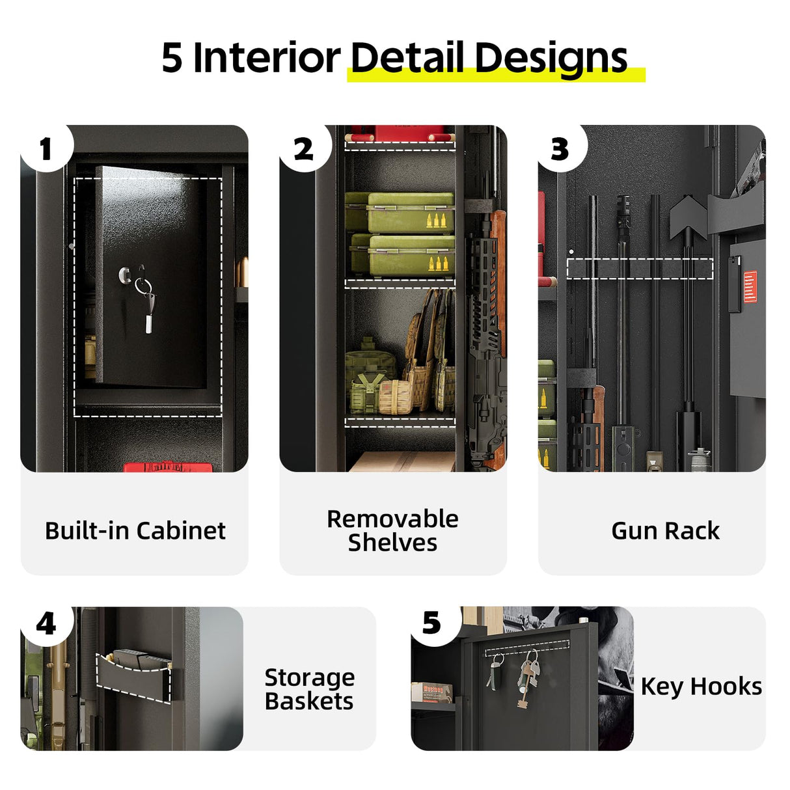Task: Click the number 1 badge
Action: pyautogui.click(x=45, y=149)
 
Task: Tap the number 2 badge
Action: pyautogui.click(x=303, y=149)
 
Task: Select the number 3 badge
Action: pyautogui.click(x=560, y=149)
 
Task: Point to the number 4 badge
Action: pyautogui.click(x=46, y=624)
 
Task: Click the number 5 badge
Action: pyautogui.click(x=431, y=623)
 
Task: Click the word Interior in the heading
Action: pyautogui.click(x=267, y=57)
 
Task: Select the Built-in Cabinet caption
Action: pyautogui.click(x=135, y=531)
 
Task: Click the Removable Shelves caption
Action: pyautogui.click(x=392, y=530)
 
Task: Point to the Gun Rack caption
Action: pyautogui.click(x=665, y=531)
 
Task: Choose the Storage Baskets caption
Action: pyautogui.click(x=309, y=689)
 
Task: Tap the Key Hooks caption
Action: pyautogui.click(x=701, y=687)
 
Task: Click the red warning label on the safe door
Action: pyautogui.click(x=749, y=287)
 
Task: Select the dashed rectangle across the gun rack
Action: pyautogui.click(x=640, y=269)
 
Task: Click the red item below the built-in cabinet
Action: pyautogui.click(x=168, y=467)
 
